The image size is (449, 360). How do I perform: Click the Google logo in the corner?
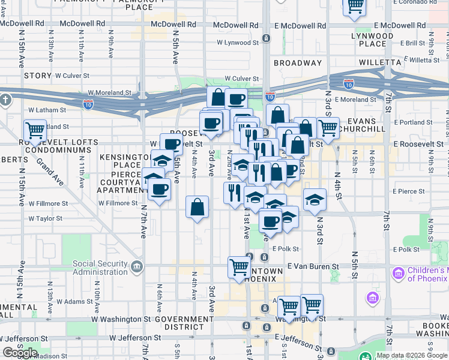pos(20,353)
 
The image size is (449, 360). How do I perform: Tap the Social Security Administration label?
pos(100,268)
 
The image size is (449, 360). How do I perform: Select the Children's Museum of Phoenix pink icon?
pos(397,274)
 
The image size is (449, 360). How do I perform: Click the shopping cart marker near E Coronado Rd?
pos(355,6)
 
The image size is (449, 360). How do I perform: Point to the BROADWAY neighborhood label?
pos(297,62)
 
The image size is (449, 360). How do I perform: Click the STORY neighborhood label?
pos(38,76)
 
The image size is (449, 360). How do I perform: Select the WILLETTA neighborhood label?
pos(379,62)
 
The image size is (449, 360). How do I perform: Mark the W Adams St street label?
pos(74,301)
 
